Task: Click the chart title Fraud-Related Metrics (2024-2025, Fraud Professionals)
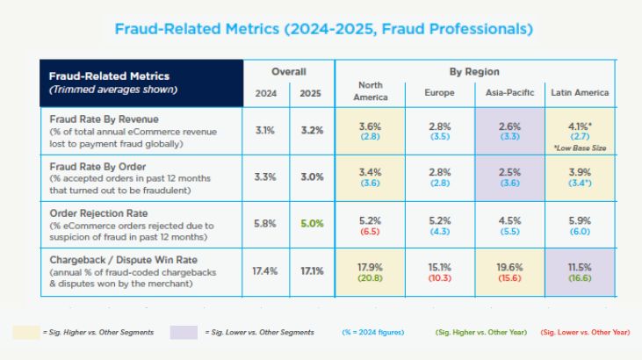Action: [x=323, y=29]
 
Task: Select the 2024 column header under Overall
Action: [x=266, y=93]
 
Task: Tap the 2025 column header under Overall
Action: [x=310, y=93]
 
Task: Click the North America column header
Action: [x=370, y=91]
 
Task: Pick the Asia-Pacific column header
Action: [x=509, y=92]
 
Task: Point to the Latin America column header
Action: [x=580, y=92]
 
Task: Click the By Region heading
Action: [x=474, y=72]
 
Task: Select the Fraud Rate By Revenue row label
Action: [x=104, y=119]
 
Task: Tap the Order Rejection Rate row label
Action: [x=98, y=213]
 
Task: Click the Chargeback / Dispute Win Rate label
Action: [x=123, y=260]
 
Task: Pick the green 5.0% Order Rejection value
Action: [x=312, y=224]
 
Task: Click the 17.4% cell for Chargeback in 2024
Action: [x=265, y=271]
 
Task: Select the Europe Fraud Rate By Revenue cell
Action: [x=440, y=131]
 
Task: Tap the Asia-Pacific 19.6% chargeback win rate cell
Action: [x=509, y=272]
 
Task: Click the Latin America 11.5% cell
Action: [x=580, y=272]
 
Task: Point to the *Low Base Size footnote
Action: [x=580, y=148]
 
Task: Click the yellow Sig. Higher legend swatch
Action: [x=25, y=332]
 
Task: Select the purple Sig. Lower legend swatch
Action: [x=184, y=332]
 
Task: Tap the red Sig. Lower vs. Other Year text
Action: [x=585, y=332]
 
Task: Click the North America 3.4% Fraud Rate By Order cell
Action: [x=370, y=177]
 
